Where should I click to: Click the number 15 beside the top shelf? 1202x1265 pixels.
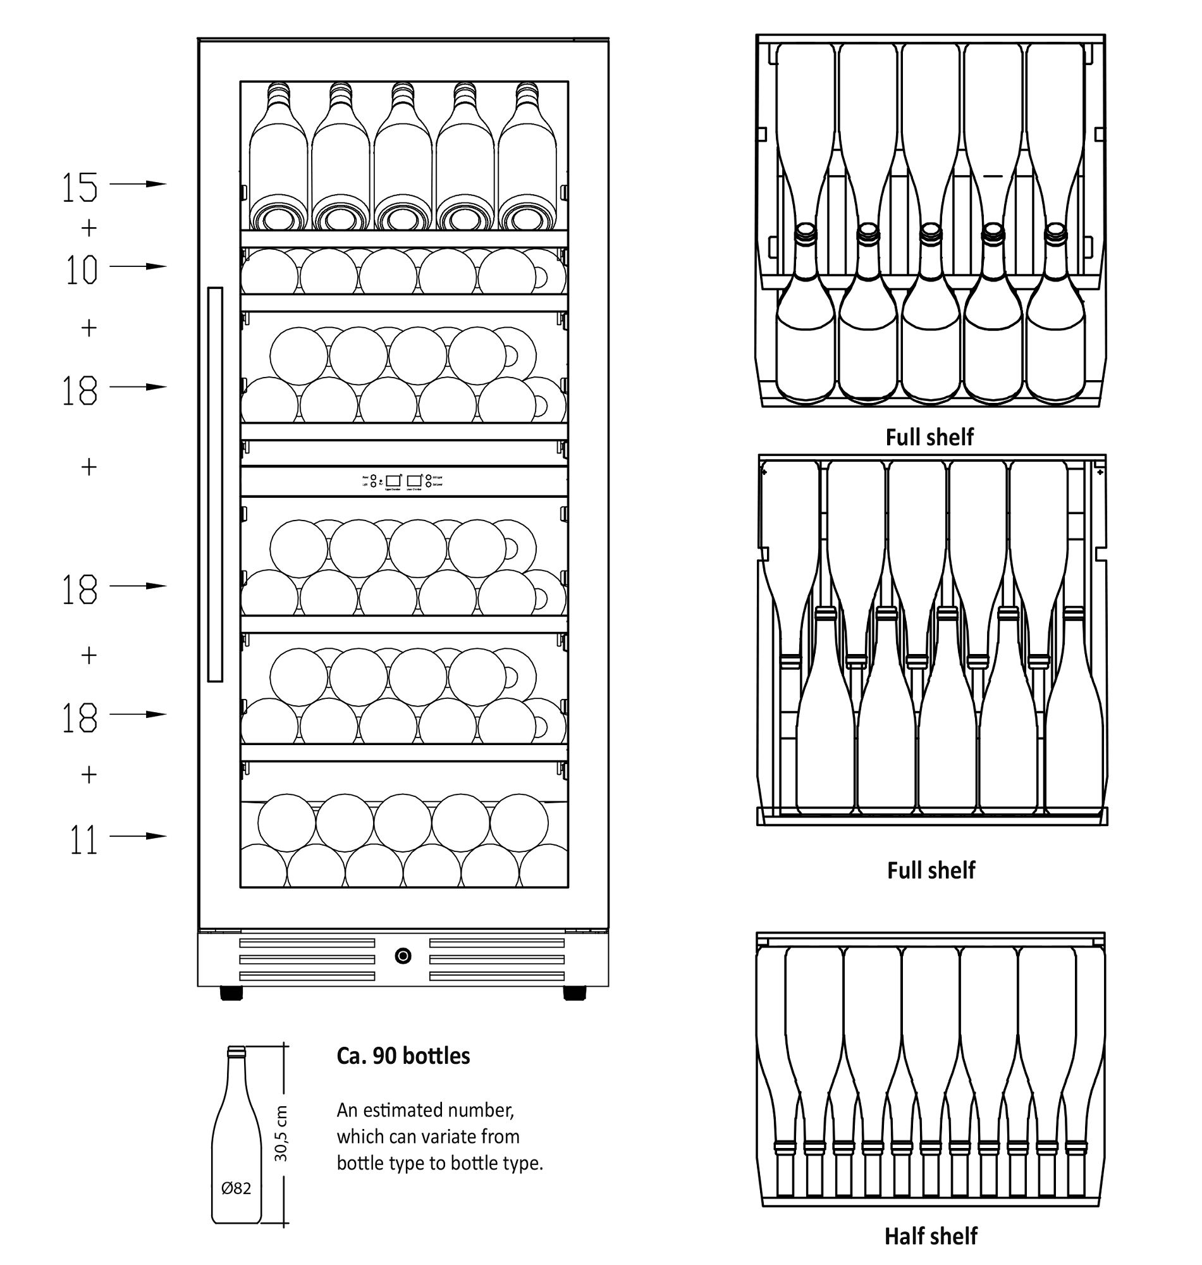coord(80,188)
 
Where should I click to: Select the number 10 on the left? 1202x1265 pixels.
coord(81,270)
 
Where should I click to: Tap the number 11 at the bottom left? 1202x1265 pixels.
coord(83,840)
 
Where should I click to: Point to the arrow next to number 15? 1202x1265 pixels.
coord(138,184)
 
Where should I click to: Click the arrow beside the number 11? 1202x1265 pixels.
coord(142,836)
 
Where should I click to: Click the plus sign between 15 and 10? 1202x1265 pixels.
coord(89,228)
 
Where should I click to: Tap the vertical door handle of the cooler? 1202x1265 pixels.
coord(215,484)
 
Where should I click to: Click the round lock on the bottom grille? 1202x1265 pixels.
coord(403,956)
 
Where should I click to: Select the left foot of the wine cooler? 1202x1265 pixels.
coord(231,992)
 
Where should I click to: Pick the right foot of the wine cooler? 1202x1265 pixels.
coord(574,992)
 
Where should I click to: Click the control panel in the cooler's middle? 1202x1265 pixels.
coord(403,481)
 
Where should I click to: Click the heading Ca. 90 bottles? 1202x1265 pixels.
coord(403,1056)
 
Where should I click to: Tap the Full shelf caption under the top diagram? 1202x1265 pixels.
coord(929,437)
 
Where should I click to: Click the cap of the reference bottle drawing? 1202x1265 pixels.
coord(236,1051)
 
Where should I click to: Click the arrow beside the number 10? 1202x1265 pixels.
coord(138,266)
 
